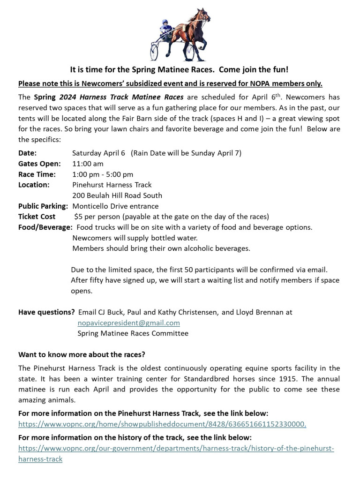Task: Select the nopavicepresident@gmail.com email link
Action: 128,323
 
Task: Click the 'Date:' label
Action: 27,153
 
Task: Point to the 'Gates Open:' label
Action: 39,164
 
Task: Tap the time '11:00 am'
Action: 88,164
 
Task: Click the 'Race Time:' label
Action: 37,174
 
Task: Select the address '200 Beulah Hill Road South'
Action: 117,195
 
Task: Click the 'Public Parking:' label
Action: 43,206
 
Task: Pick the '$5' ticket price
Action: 78,217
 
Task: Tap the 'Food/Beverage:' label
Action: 45,227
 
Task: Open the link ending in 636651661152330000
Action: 162,424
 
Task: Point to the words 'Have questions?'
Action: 46,312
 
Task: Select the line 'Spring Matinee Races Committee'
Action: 133,333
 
